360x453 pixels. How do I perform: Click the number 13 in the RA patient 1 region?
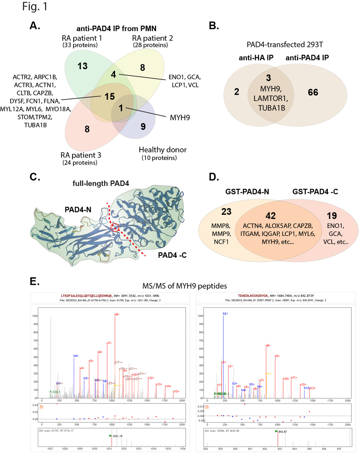pyautogui.click(x=82, y=66)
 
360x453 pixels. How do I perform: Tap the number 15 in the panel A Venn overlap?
pyautogui.click(x=110, y=97)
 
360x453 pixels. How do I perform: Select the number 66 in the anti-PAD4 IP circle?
pyautogui.click(x=313, y=92)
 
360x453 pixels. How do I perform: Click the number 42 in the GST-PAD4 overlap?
pyautogui.click(x=271, y=216)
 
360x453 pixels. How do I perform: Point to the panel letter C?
pyautogui.click(x=35, y=177)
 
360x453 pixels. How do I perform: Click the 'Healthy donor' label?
pyautogui.click(x=163, y=150)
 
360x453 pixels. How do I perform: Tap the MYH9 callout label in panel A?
pyautogui.click(x=180, y=118)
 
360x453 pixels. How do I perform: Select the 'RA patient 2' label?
pyautogui.click(x=152, y=38)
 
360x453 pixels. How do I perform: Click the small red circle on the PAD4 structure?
pyautogui.click(x=115, y=227)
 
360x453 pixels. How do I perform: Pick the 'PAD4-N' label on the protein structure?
pyautogui.click(x=78, y=210)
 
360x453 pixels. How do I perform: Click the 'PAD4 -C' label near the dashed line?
pyautogui.click(x=172, y=255)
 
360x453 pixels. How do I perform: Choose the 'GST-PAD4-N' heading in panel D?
pyautogui.click(x=247, y=191)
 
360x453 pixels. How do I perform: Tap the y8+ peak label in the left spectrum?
pyautogui.click(x=117, y=314)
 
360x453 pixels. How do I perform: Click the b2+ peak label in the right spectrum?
pyautogui.click(x=225, y=314)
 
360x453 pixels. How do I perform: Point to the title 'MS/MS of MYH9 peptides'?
pyautogui.click(x=184, y=286)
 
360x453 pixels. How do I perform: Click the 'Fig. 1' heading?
pyautogui.click(x=34, y=6)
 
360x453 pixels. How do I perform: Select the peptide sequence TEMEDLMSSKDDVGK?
pyautogui.click(x=253, y=296)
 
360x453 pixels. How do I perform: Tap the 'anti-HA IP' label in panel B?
pyautogui.click(x=256, y=58)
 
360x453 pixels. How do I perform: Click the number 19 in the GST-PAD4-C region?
pyautogui.click(x=332, y=216)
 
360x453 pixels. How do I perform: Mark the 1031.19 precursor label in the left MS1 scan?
pyautogui.click(x=117, y=436)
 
